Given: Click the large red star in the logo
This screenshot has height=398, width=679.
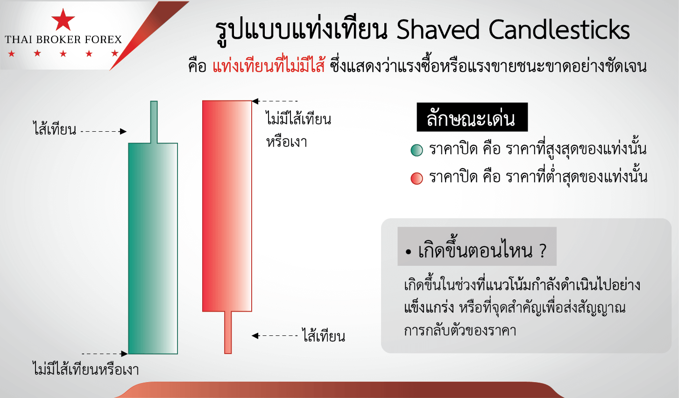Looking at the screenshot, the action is (x=63, y=20).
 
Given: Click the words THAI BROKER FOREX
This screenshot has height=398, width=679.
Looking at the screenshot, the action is (x=64, y=39).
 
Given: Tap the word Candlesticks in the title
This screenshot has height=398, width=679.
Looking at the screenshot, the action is (x=559, y=29).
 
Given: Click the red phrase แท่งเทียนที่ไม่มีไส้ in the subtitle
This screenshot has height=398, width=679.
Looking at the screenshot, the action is (x=269, y=66).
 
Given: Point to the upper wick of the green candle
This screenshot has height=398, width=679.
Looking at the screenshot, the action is (x=154, y=122).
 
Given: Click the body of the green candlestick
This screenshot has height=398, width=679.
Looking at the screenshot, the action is (x=153, y=249).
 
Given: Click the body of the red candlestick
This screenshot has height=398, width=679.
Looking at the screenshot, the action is (x=227, y=206).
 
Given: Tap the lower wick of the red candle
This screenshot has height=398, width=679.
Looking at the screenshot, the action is (x=228, y=333).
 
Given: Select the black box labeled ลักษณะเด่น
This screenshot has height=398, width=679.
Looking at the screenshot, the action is (x=472, y=117).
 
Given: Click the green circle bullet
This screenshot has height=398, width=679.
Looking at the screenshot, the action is (x=417, y=150).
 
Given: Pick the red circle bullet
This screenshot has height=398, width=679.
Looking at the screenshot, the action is (x=417, y=178).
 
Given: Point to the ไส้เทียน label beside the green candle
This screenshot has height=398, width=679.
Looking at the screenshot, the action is (x=55, y=128).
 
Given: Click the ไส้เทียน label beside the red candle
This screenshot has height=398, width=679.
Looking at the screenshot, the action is (x=324, y=335).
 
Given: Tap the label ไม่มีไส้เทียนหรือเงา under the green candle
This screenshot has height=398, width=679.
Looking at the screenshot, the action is (x=86, y=369).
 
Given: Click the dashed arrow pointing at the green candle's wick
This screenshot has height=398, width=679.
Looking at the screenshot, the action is (x=104, y=131).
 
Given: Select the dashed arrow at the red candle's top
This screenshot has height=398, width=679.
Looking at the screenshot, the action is (x=275, y=101).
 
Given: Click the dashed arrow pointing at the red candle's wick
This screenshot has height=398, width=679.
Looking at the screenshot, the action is (x=275, y=335).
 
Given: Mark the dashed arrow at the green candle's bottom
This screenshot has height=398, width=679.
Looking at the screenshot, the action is (x=105, y=354).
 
